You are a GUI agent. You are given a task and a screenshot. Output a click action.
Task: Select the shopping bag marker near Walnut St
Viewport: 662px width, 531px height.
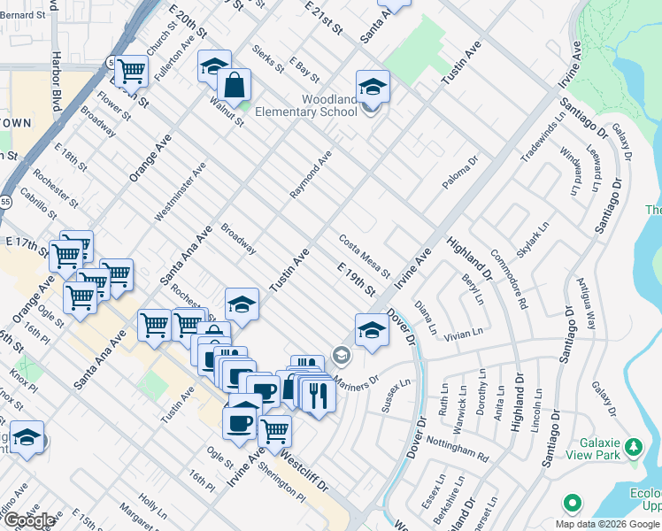pos(235,87)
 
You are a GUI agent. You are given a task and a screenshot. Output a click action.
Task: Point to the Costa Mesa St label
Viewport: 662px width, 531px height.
pos(364,255)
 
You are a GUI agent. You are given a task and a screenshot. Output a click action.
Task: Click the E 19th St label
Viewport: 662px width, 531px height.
pos(356,279)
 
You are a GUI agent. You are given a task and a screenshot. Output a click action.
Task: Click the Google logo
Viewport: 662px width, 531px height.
pos(29,520)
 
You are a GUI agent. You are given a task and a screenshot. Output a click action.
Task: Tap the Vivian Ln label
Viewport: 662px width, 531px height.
pos(464,334)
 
